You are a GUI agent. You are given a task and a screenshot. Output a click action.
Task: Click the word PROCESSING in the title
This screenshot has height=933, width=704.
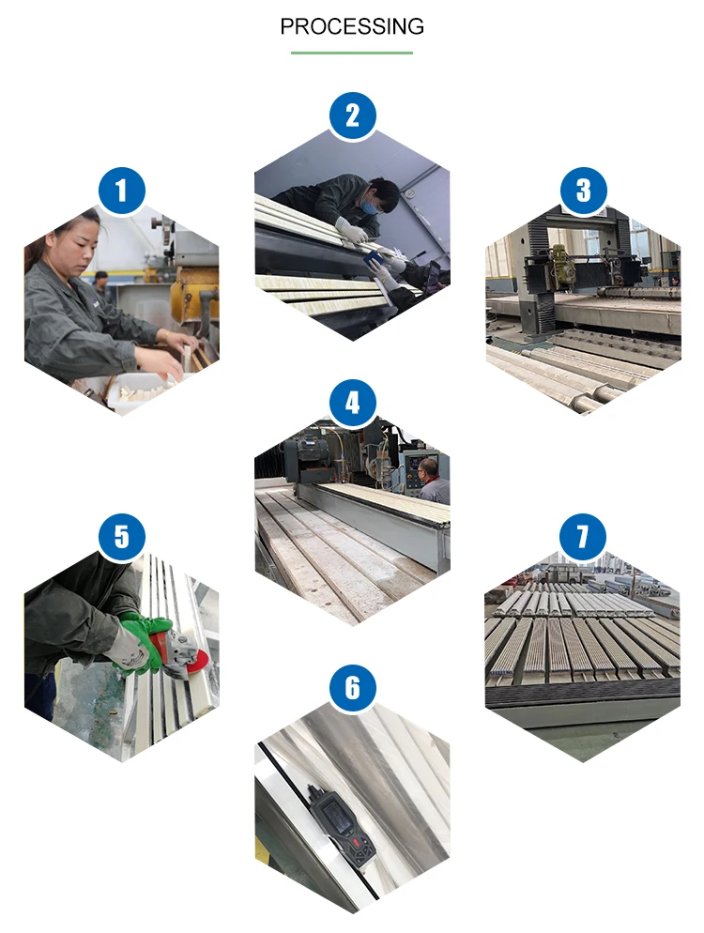point(352,26)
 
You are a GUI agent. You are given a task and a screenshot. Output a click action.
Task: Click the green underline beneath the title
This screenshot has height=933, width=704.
point(352,53)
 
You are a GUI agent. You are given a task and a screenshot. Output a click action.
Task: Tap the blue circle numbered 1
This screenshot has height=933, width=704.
point(121,191)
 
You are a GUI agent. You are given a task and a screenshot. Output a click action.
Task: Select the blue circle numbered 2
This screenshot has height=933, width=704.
point(352,115)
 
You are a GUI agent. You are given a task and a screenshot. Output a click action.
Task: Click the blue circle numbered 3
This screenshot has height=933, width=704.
point(583,191)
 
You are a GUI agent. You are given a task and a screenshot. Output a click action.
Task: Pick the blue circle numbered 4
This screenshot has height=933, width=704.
point(352,404)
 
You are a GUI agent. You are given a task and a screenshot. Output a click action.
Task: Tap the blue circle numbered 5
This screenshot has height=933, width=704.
point(121,538)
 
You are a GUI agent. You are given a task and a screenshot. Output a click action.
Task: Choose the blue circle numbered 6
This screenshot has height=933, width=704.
point(352,689)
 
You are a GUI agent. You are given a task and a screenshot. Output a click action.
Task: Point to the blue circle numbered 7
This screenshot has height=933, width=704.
point(583,538)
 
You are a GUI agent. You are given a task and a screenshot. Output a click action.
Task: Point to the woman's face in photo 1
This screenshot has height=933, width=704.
point(83,242)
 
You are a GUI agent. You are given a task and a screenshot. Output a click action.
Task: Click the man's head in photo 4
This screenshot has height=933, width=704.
point(428,468)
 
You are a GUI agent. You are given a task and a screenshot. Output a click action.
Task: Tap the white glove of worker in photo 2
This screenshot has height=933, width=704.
point(352,230)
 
